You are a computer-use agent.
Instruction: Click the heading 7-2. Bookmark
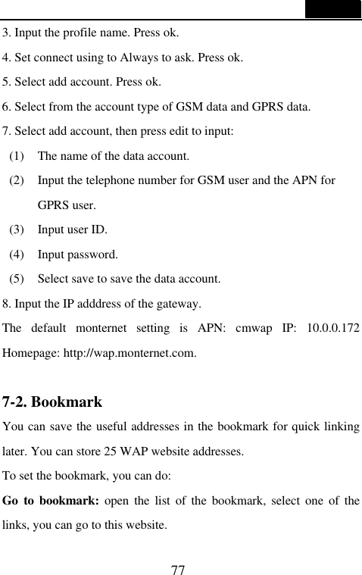click(x=52, y=402)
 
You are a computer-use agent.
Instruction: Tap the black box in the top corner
click(x=333, y=9)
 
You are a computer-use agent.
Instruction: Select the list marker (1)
click(x=20, y=157)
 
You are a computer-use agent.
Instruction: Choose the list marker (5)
click(x=20, y=278)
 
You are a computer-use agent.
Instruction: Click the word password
click(x=93, y=254)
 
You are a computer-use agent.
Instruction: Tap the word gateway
click(x=178, y=305)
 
